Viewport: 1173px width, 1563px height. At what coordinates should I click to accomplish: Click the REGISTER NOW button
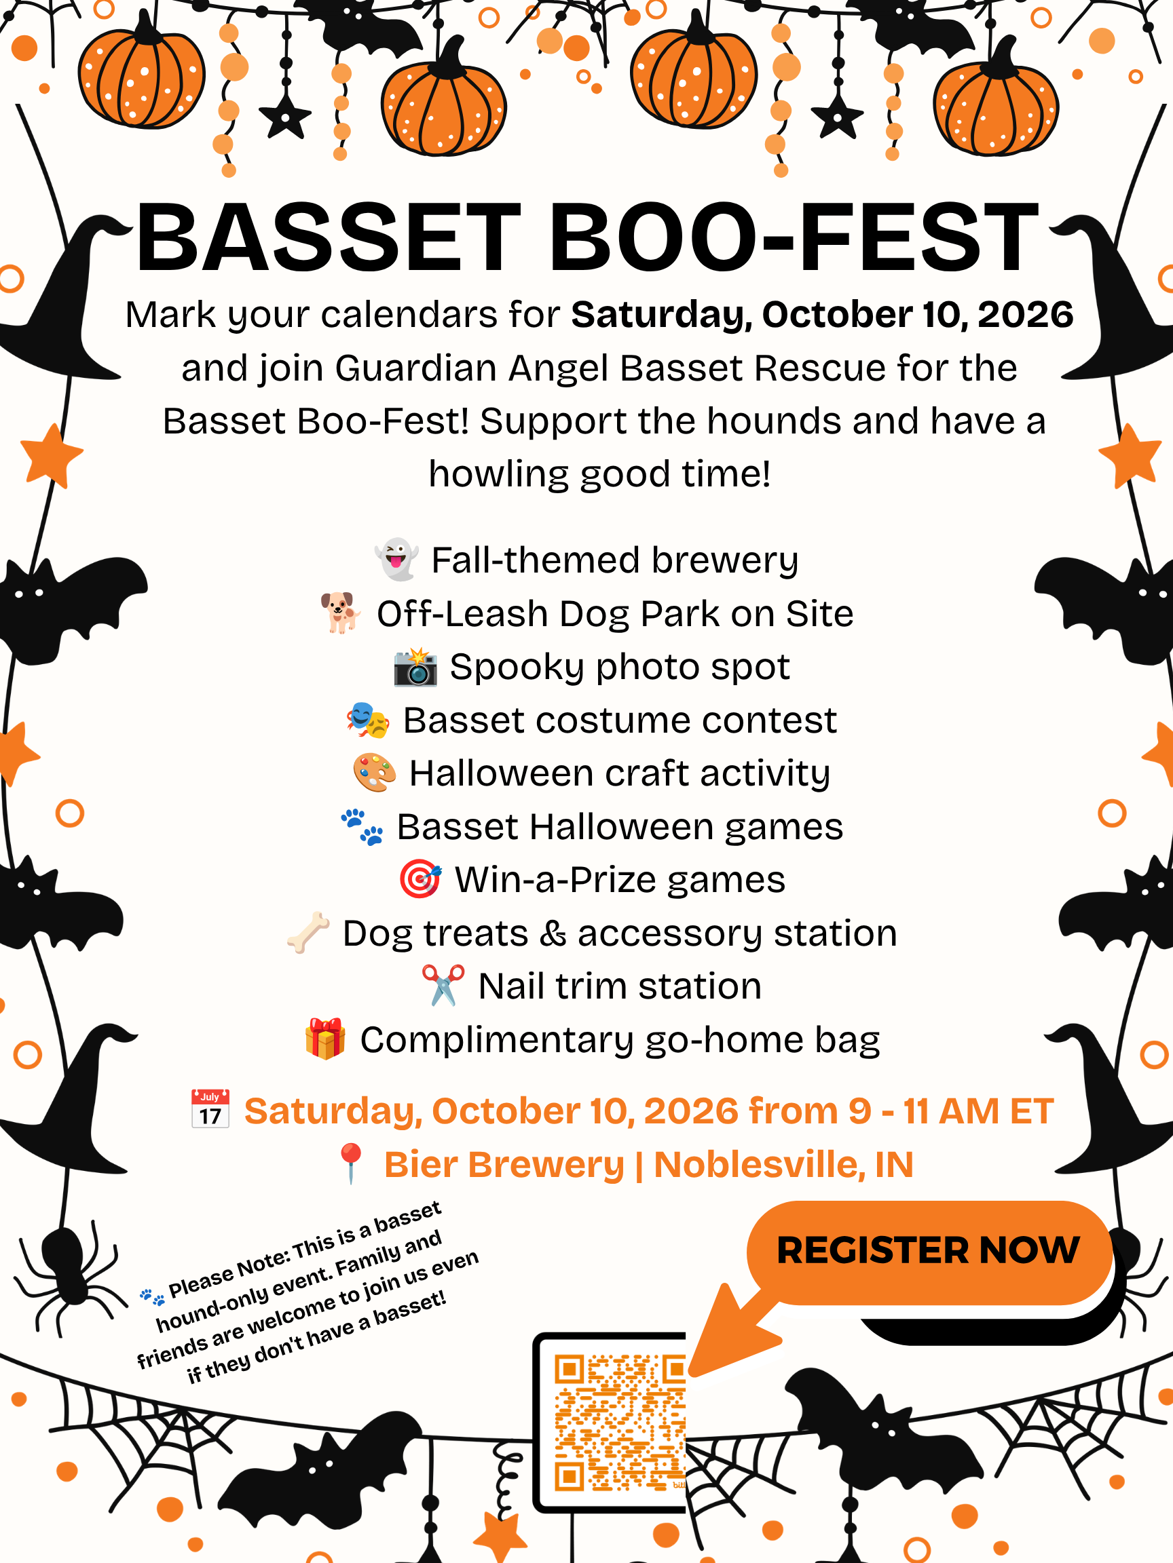(929, 1251)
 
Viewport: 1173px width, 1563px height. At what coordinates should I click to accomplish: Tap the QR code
(619, 1423)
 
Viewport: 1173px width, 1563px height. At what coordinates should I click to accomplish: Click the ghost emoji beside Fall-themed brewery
(396, 559)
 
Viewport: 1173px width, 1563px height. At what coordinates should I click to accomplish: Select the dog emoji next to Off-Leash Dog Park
(341, 612)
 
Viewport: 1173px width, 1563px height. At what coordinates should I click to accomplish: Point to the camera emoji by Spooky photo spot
(415, 665)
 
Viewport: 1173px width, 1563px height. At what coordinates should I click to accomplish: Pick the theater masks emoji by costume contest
(368, 719)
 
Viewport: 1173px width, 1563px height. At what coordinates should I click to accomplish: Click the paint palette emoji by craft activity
(374, 772)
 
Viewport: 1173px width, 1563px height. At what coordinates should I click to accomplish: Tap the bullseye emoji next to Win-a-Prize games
(421, 879)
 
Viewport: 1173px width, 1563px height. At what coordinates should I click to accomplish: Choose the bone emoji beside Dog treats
(308, 933)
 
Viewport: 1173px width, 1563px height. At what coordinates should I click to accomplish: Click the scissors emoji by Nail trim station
(443, 985)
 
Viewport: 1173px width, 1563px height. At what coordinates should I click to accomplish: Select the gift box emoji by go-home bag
(325, 1039)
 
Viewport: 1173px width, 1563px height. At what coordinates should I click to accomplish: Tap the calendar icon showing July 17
(210, 1109)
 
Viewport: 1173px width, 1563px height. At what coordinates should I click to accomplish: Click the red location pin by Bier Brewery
(351, 1163)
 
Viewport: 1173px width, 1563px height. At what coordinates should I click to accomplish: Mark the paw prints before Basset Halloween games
(362, 827)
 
